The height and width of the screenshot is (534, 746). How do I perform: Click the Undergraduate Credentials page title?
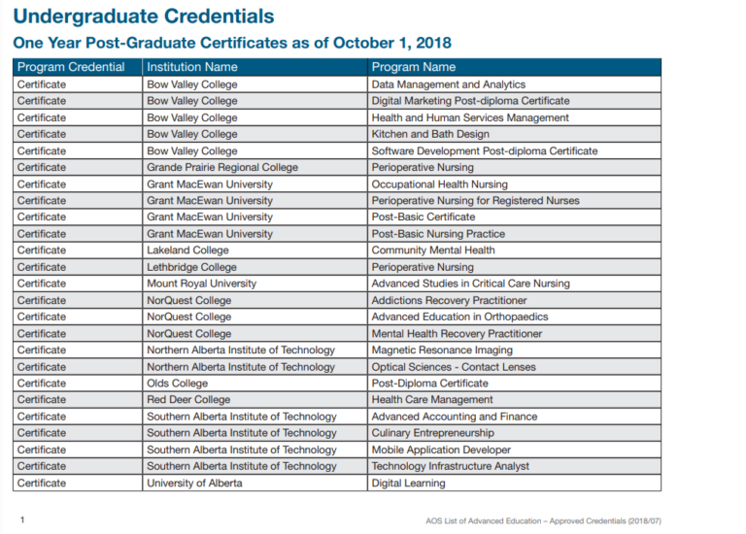coord(144,17)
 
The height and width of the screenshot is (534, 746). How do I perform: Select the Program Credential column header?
coord(71,67)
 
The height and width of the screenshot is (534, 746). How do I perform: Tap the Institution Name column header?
coord(192,67)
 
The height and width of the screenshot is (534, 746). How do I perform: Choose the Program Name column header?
coord(414,67)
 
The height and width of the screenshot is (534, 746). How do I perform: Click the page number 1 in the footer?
coord(22,519)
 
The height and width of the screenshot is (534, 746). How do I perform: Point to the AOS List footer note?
coord(543,521)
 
